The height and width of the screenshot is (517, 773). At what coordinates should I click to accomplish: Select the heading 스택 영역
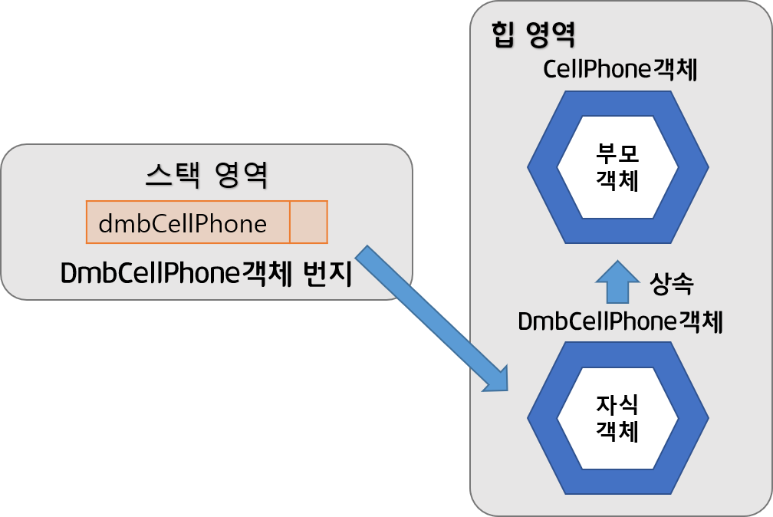(206, 176)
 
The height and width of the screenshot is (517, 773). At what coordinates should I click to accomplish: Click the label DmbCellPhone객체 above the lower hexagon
(620, 322)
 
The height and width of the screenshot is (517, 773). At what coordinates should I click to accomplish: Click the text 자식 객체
(617, 419)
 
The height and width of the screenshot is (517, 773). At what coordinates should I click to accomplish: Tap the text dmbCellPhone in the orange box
(183, 223)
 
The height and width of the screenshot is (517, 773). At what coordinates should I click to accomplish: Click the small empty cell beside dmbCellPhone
(308, 222)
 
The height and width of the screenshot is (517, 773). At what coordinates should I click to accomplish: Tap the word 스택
(172, 176)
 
